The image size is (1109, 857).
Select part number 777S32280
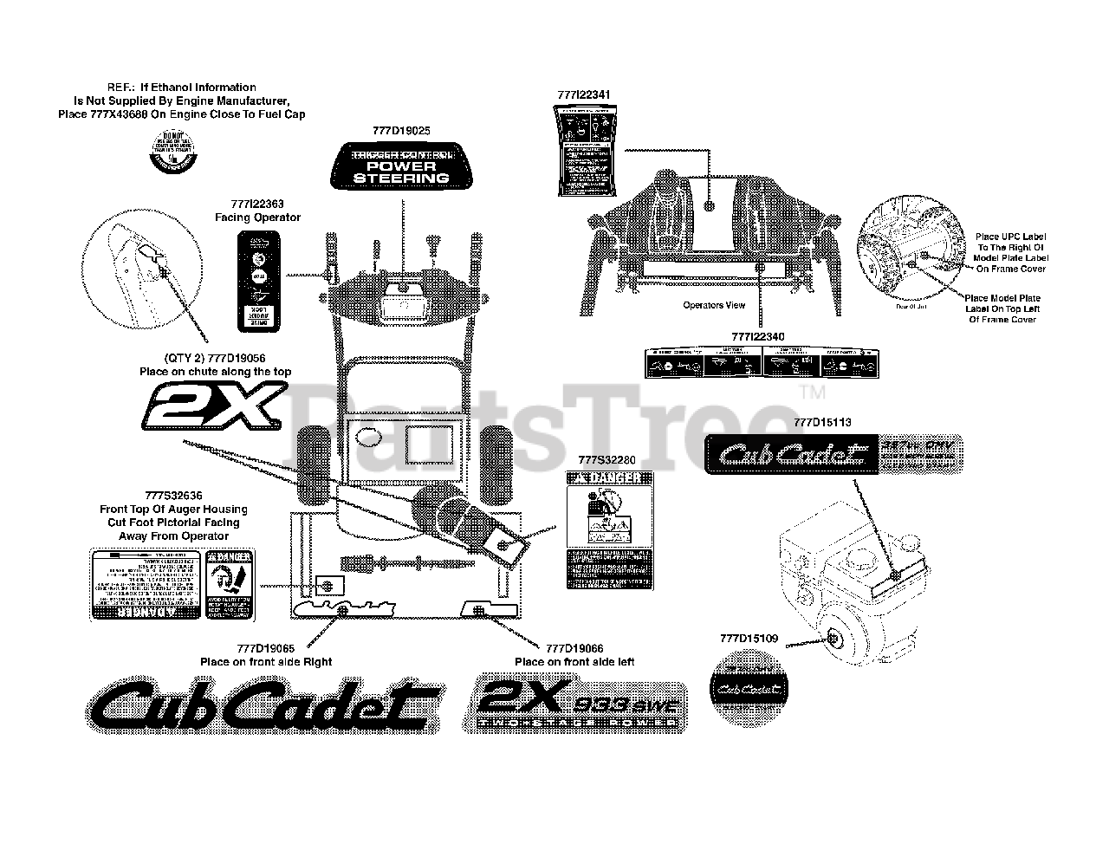click(x=610, y=460)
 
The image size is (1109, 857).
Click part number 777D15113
click(x=822, y=422)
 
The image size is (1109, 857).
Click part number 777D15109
click(x=749, y=639)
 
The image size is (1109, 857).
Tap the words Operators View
click(x=714, y=305)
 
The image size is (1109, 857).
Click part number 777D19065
click(x=265, y=648)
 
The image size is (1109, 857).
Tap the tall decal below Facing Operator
click(x=258, y=281)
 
